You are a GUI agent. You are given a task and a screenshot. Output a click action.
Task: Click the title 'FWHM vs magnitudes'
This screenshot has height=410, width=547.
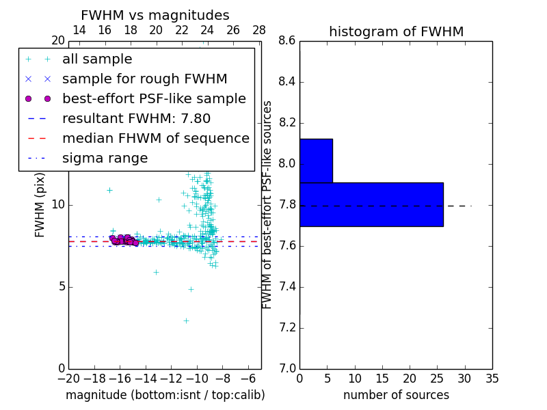(155, 16)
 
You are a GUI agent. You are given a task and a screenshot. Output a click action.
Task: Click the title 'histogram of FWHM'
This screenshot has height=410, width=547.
(396, 31)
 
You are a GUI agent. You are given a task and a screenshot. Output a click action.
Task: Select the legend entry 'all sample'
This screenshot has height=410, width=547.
(97, 59)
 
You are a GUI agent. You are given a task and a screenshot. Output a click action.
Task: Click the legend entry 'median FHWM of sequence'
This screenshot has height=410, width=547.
(155, 138)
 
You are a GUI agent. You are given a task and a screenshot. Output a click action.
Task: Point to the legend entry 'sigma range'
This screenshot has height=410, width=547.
(105, 158)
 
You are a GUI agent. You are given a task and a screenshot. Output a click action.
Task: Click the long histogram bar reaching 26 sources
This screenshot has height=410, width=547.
(371, 204)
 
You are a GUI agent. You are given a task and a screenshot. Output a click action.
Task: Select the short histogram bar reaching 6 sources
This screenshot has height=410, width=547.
(316, 161)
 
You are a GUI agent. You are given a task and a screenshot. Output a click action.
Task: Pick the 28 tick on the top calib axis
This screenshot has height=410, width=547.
(259, 30)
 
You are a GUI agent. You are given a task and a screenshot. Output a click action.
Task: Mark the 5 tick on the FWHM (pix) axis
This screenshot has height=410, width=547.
(60, 286)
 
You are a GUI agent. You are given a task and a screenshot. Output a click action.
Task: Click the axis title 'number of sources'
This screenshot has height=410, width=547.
(396, 395)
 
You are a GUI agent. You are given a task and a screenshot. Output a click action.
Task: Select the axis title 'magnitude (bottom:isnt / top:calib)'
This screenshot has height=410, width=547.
(165, 395)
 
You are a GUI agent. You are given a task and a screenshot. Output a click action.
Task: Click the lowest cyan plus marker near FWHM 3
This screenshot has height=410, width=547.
(185, 320)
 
